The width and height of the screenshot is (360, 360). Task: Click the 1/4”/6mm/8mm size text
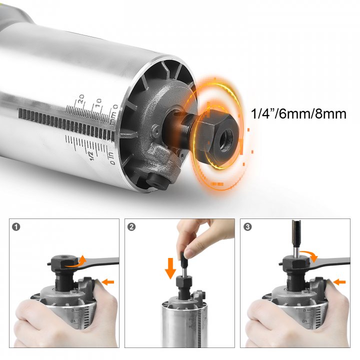point(299,114)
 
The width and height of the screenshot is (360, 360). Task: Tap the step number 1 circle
point(17,226)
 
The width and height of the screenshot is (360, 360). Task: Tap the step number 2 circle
point(131,226)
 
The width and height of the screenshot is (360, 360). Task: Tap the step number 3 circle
point(248,226)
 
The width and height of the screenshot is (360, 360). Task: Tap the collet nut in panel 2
point(183,287)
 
